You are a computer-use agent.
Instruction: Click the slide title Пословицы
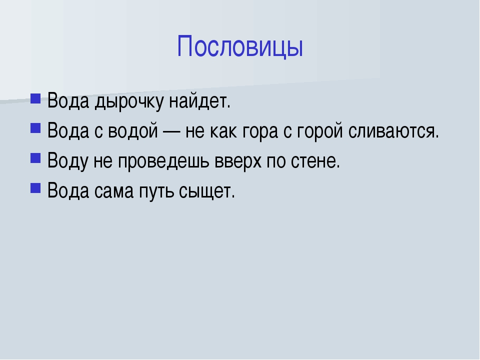240,46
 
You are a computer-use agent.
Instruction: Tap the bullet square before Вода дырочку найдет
35,98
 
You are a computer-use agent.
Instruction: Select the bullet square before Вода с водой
35,128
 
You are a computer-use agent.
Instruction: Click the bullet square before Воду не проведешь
35,158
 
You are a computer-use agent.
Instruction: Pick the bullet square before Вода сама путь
35,187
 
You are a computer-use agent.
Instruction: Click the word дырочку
129,101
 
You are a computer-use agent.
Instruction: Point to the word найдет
199,101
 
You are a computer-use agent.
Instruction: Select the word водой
133,130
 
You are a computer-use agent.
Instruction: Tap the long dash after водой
171,131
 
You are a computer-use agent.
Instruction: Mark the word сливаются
393,131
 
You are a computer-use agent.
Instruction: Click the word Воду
67,161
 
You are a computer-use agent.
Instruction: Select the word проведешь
163,161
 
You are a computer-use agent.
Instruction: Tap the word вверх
238,161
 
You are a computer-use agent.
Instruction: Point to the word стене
315,161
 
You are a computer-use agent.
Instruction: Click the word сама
114,191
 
